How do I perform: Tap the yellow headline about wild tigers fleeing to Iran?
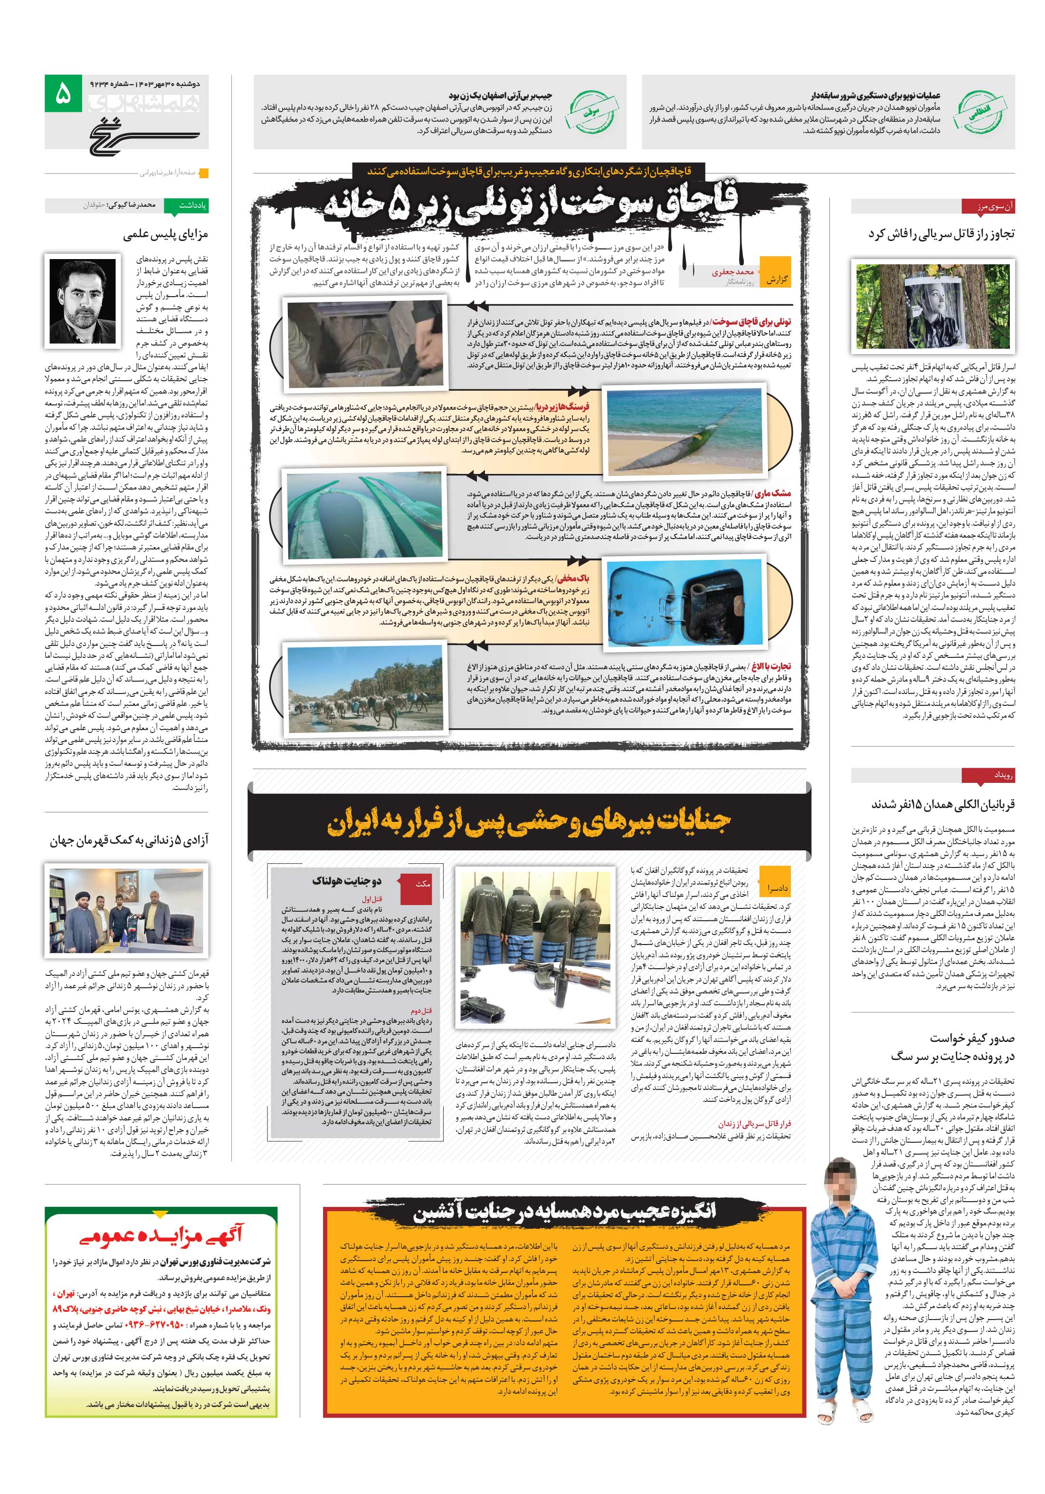pyautogui.click(x=529, y=822)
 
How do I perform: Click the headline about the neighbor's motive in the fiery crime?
pyautogui.click(x=564, y=1210)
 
